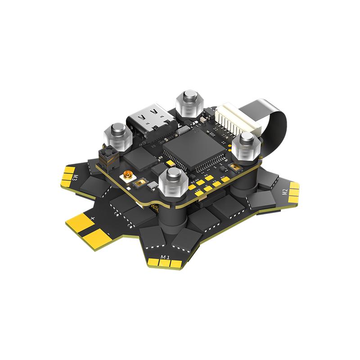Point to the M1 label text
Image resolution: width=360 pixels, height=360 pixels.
coord(165,258)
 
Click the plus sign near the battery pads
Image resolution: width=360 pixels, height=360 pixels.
coord(93,218)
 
